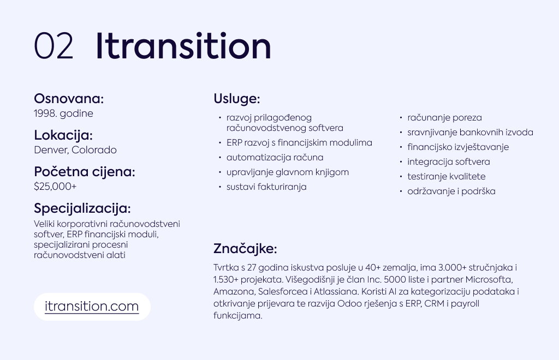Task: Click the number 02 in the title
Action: pos(54,46)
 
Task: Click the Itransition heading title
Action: pos(183,46)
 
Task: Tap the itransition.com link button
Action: pos(92,307)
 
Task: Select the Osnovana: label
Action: pos(69,98)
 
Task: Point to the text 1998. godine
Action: pos(63,113)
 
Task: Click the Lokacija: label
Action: pos(63,135)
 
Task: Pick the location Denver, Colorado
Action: pos(75,150)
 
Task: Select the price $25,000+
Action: pos(55,186)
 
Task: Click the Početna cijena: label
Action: pos(85,172)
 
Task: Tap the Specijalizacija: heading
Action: pos(82,208)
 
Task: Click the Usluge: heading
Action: pos(237,99)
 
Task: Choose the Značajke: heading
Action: pos(245,249)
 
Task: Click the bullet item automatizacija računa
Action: pos(275,158)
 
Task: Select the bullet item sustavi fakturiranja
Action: pos(266,187)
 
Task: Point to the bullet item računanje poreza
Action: pos(444,118)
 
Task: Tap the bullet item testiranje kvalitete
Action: pos(447,177)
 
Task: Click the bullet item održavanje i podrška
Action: pos(451,191)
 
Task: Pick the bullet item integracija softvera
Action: pos(449,162)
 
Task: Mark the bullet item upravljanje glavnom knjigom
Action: pos(288,172)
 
